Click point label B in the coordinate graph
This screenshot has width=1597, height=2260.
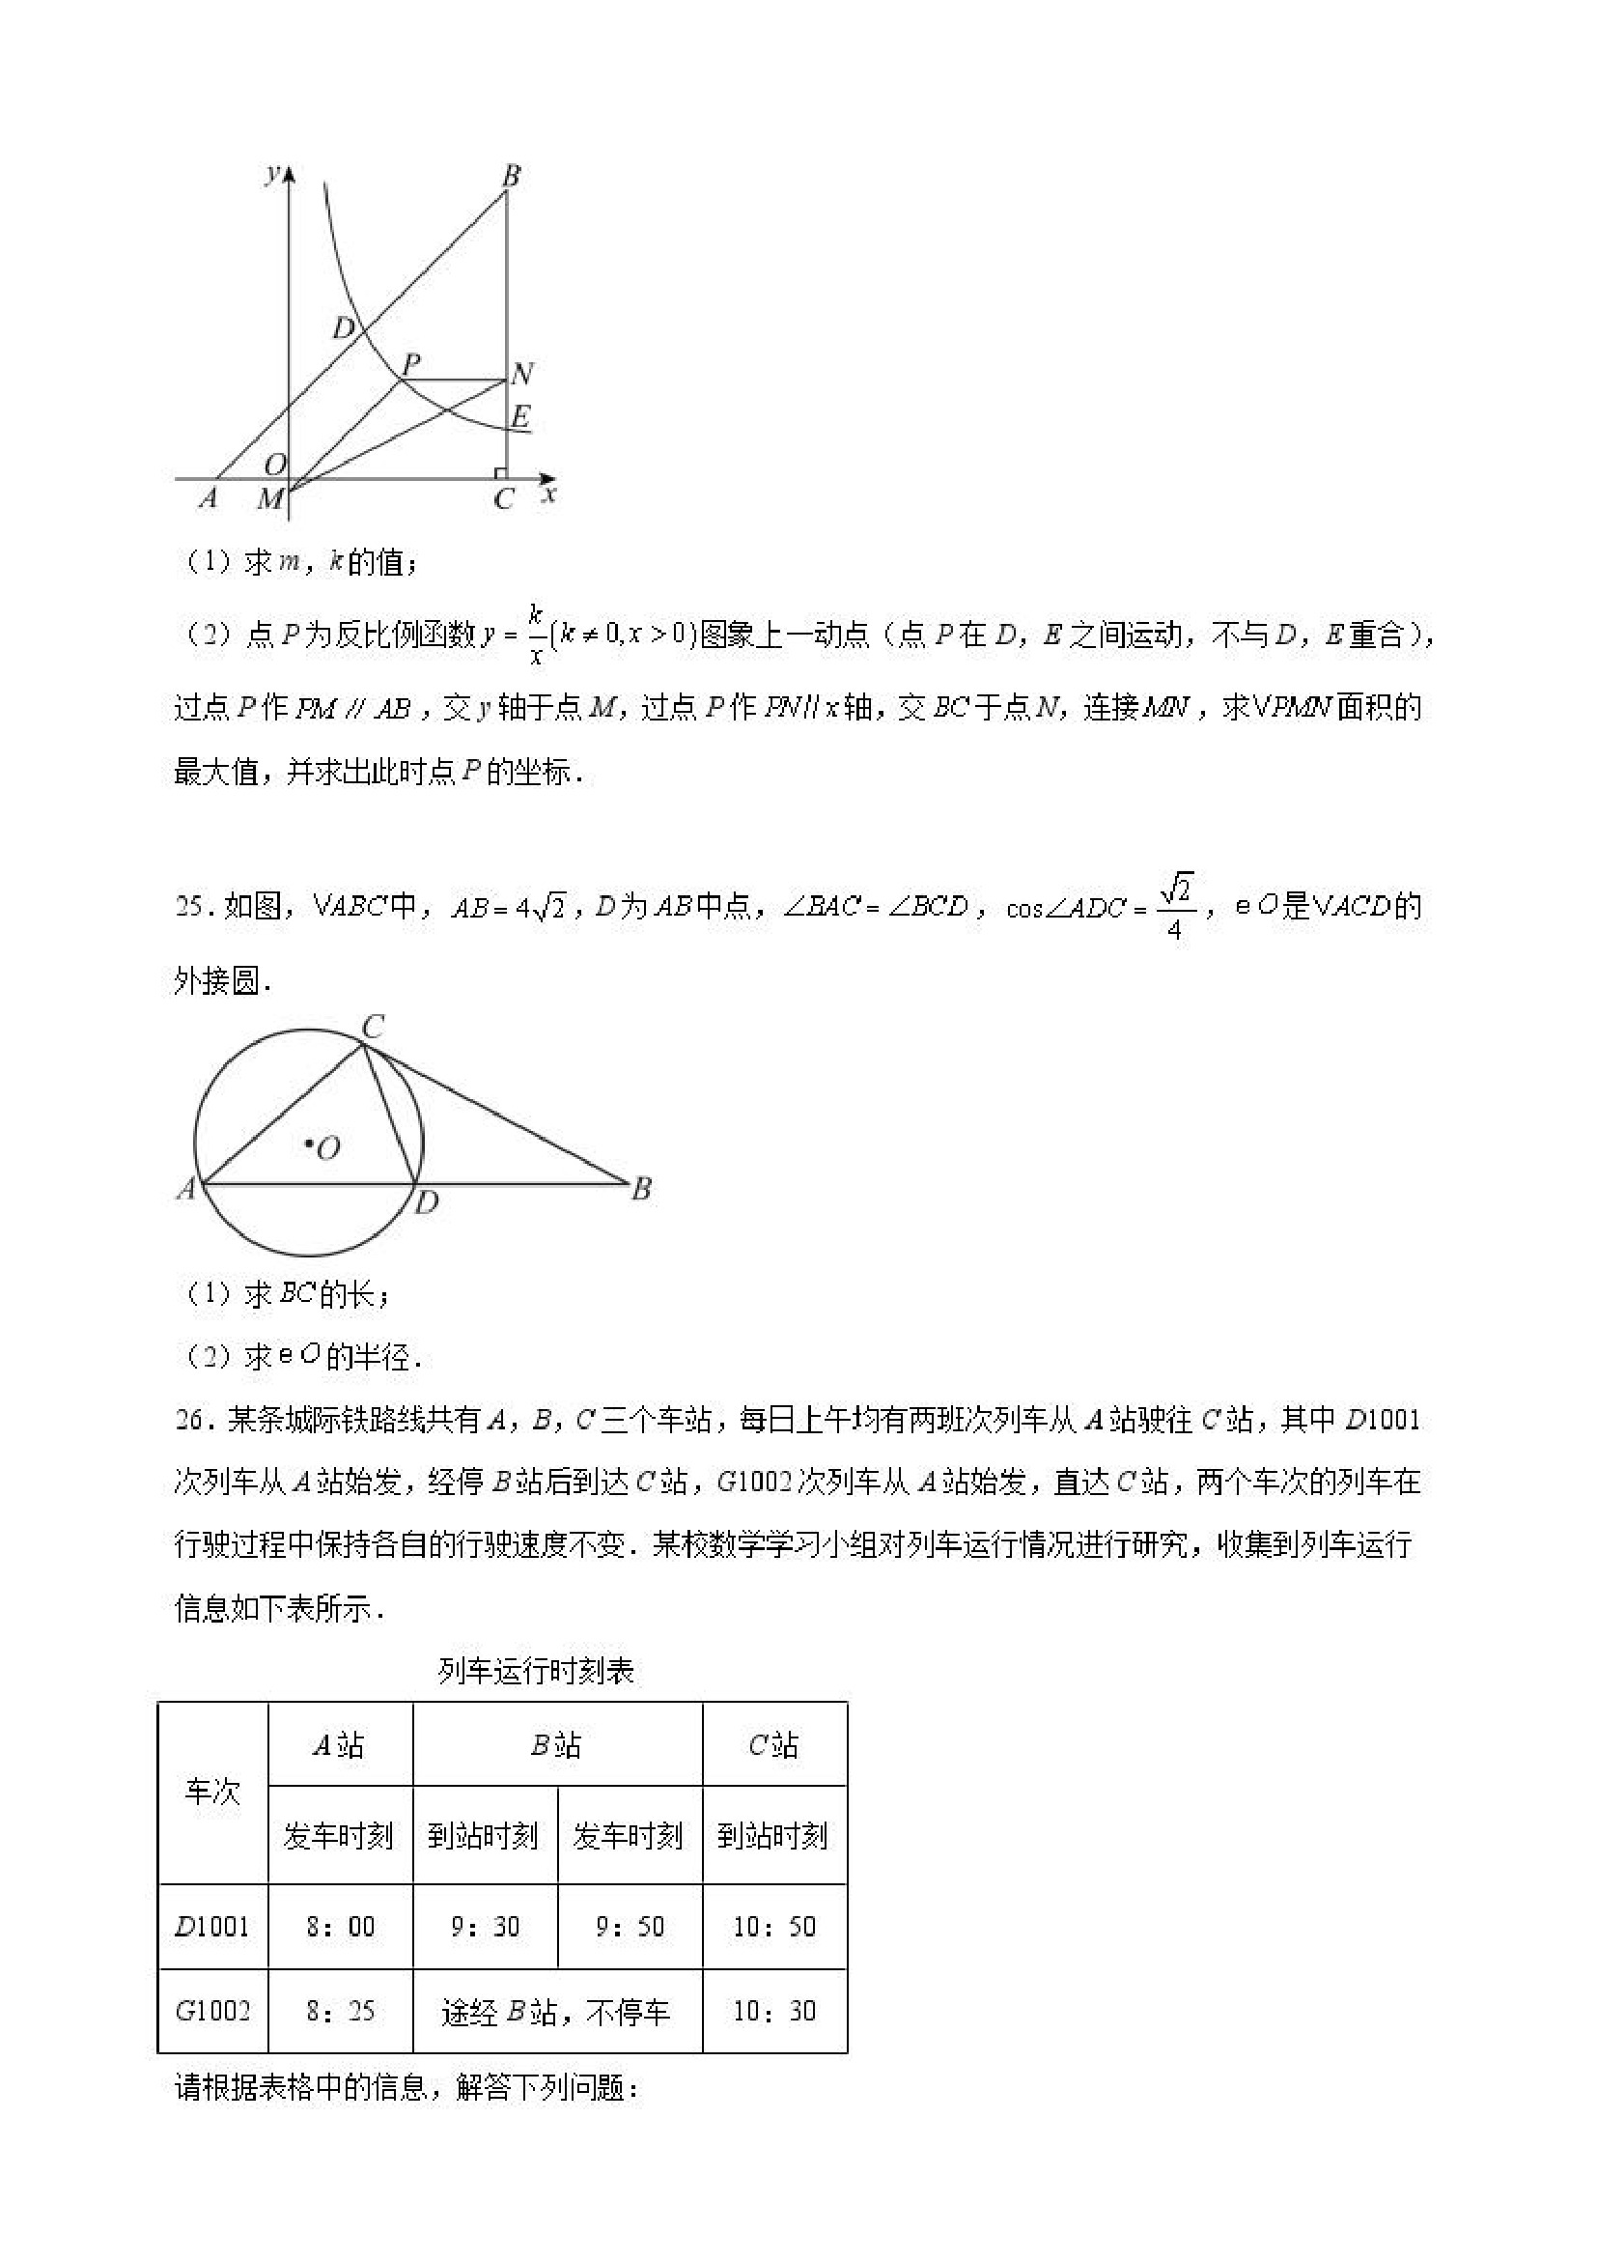coord(511,177)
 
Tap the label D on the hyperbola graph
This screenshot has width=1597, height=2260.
coord(343,327)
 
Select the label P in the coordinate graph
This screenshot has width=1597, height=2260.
coord(412,363)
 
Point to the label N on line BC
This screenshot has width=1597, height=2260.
coord(522,374)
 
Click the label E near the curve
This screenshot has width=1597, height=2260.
coord(520,415)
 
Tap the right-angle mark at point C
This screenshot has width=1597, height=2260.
coord(501,473)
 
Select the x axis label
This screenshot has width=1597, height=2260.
coord(549,494)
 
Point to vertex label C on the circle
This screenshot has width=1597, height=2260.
coord(372,1028)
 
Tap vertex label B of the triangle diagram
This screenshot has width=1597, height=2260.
coord(641,1189)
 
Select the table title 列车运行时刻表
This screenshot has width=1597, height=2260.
coord(536,1672)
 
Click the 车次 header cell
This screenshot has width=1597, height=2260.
coord(212,1792)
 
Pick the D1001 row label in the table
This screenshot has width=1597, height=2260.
coord(212,1927)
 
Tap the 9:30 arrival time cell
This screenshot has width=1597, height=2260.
coord(485,1927)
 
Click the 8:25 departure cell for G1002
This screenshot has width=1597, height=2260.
coord(341,2011)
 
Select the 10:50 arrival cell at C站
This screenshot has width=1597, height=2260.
coord(774,1927)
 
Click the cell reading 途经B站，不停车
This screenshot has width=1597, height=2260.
coord(557,2013)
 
